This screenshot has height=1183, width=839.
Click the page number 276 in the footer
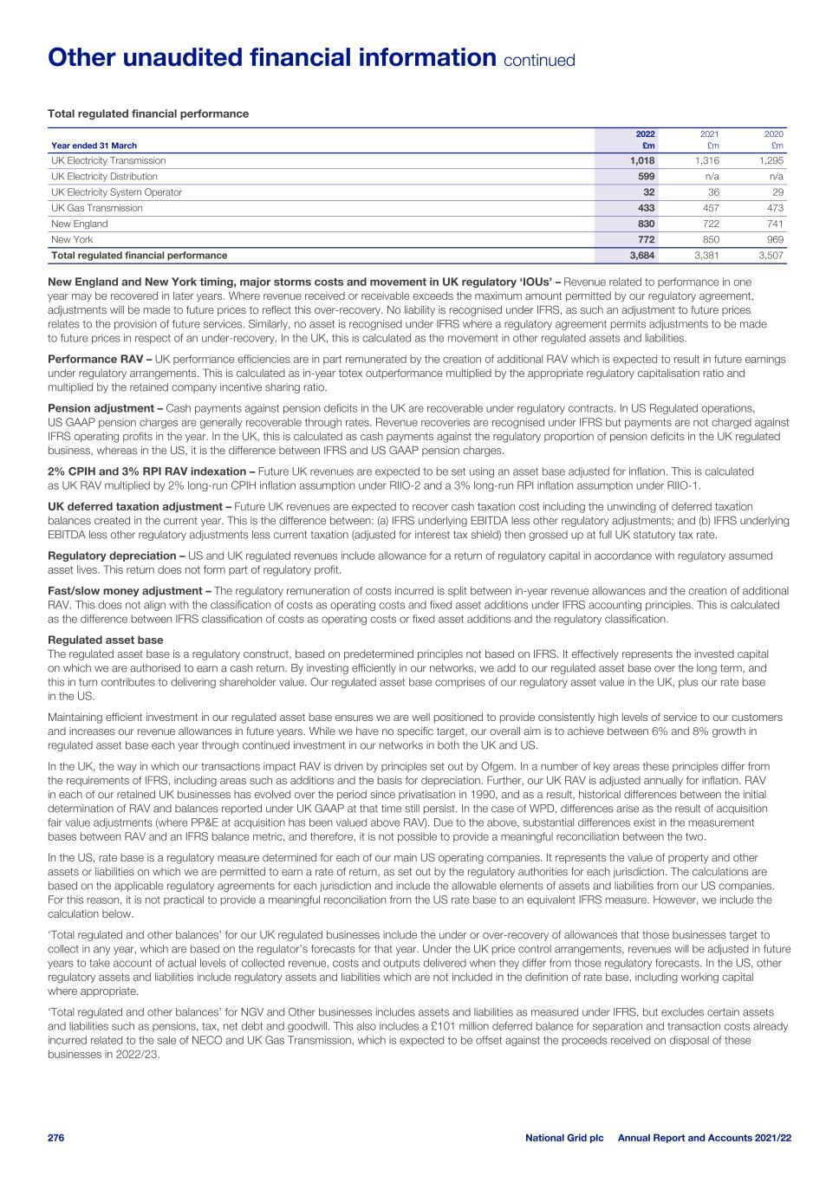click(x=56, y=1137)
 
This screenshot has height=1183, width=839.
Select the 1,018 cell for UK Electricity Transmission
click(x=641, y=160)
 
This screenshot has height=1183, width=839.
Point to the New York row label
click(x=72, y=239)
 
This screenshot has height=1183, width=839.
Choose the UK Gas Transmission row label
click(x=97, y=208)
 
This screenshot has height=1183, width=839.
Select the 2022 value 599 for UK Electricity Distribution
click(x=646, y=176)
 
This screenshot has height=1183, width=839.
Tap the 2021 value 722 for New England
click(x=711, y=224)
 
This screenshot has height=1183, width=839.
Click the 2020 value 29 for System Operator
click(x=777, y=192)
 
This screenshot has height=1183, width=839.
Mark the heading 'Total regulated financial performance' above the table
click(x=147, y=114)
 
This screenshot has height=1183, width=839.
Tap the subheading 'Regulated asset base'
click(x=105, y=640)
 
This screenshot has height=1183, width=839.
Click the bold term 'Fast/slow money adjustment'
click(x=125, y=591)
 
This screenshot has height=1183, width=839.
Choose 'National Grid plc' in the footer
click(x=563, y=1137)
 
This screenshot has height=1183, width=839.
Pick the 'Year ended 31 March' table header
click(x=94, y=146)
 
